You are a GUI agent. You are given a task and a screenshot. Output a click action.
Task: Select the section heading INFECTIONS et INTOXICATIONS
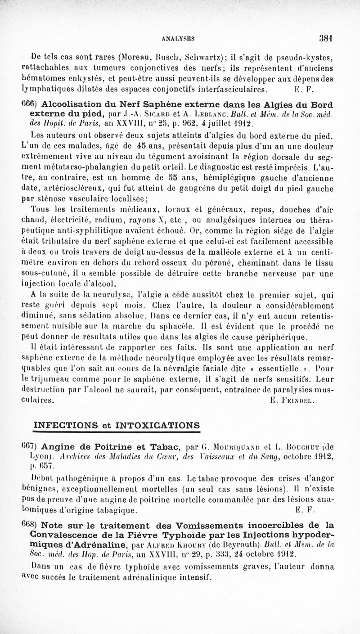pyautogui.click(x=117, y=425)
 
